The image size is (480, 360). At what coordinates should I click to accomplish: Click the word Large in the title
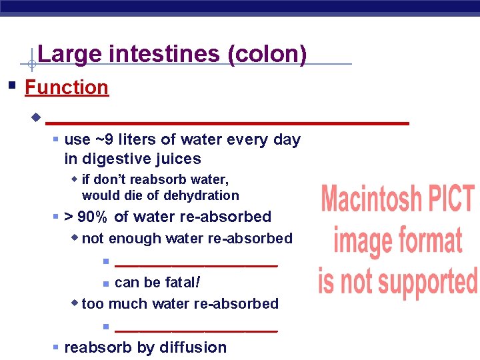coord(62,53)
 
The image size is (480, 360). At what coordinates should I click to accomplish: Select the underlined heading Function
coord(66,87)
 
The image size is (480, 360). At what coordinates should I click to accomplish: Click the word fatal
coord(181,282)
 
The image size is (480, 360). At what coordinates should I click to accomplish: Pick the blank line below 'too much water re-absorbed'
coord(196,329)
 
